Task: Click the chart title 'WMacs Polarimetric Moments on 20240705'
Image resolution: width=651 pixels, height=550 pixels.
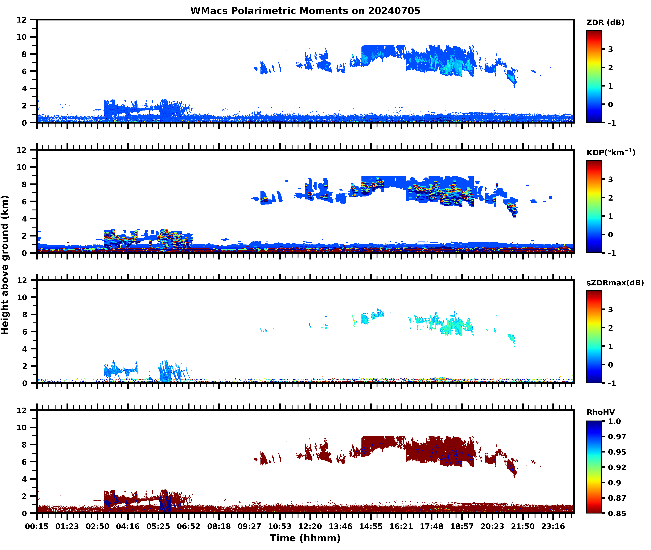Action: (x=305, y=11)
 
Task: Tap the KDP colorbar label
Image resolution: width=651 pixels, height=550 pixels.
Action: (x=610, y=152)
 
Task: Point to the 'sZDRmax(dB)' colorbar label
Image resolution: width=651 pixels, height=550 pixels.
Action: (x=615, y=283)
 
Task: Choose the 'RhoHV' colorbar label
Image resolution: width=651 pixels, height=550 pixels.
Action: (x=601, y=412)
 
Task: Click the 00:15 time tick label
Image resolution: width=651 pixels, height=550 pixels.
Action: (x=37, y=526)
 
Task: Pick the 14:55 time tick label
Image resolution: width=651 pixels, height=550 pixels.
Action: (x=371, y=526)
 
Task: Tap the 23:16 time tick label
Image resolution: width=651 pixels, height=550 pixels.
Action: (x=553, y=526)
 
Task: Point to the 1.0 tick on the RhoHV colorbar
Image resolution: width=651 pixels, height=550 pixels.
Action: (x=614, y=421)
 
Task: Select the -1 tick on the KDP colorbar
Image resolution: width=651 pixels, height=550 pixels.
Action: (x=612, y=253)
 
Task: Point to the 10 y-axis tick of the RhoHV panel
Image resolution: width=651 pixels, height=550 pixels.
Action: (x=22, y=427)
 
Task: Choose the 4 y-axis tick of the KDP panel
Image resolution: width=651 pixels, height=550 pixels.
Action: (x=24, y=219)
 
